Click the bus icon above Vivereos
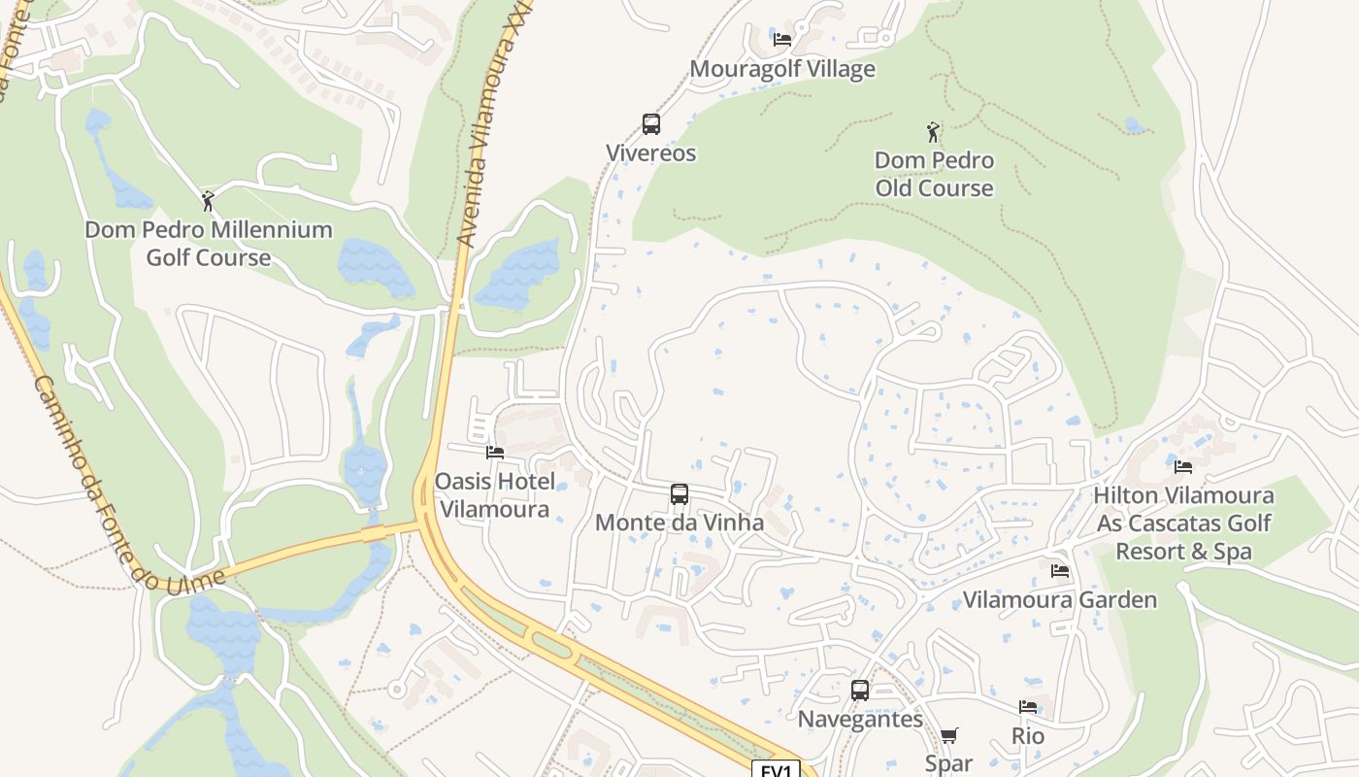(x=651, y=124)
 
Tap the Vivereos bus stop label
(x=651, y=152)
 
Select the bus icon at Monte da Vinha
(x=679, y=494)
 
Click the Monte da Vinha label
(x=679, y=523)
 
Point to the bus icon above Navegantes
(x=860, y=691)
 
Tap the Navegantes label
(x=860, y=719)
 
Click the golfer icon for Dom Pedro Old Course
(x=934, y=132)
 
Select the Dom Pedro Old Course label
(x=934, y=174)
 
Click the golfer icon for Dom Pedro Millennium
(x=208, y=201)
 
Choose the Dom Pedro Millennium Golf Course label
(x=208, y=244)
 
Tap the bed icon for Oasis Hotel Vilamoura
(x=495, y=453)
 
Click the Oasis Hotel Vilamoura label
(x=495, y=495)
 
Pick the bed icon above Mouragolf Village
(x=782, y=40)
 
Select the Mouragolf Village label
(x=782, y=69)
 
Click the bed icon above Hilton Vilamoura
(x=1183, y=467)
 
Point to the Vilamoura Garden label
(x=1060, y=599)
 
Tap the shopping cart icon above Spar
(x=949, y=735)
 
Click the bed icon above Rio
(x=1028, y=707)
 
